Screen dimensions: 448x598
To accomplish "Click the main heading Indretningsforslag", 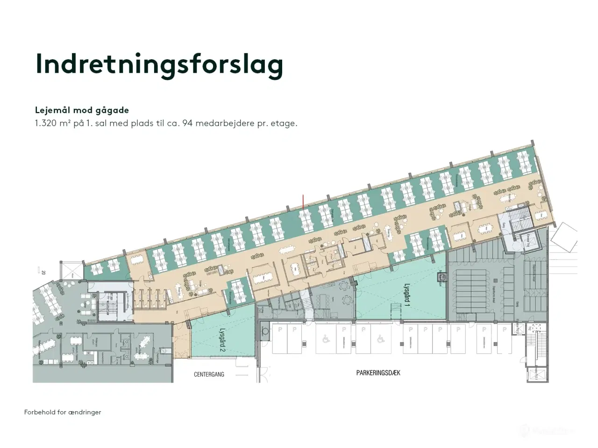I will coord(159,64).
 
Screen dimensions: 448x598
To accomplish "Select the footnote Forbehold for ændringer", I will coord(63,412).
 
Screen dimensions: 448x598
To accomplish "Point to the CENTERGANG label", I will coord(209,374).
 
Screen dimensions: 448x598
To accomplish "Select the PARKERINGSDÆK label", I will coord(378,373).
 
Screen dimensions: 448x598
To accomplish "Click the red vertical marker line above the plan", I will coord(304,202).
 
